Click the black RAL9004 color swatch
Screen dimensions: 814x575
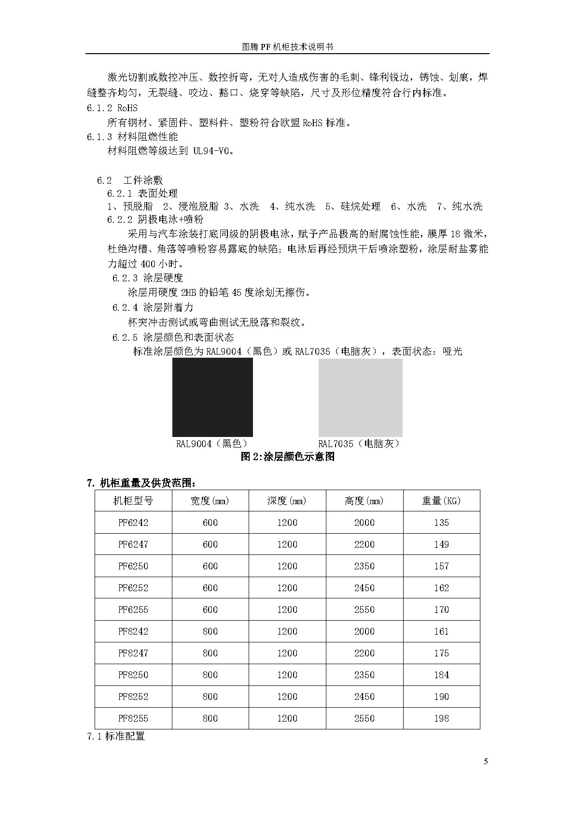212,397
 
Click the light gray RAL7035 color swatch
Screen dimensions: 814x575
360,397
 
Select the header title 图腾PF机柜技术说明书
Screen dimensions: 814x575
287,47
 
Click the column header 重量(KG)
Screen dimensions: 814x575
441,501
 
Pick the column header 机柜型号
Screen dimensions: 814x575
133,501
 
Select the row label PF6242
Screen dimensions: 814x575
133,523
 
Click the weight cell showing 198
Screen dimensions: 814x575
441,718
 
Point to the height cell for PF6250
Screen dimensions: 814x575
364,566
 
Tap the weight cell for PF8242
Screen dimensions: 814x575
441,631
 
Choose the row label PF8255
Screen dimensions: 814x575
133,718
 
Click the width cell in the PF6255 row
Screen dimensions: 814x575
210,610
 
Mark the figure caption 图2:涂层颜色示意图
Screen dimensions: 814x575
287,457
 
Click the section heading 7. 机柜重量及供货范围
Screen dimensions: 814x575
141,483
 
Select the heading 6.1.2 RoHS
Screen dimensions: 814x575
112,108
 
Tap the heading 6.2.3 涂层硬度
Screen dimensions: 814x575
148,278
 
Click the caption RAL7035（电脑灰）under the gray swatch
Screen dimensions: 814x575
360,444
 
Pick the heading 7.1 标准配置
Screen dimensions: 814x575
116,736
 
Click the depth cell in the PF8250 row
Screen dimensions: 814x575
287,675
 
